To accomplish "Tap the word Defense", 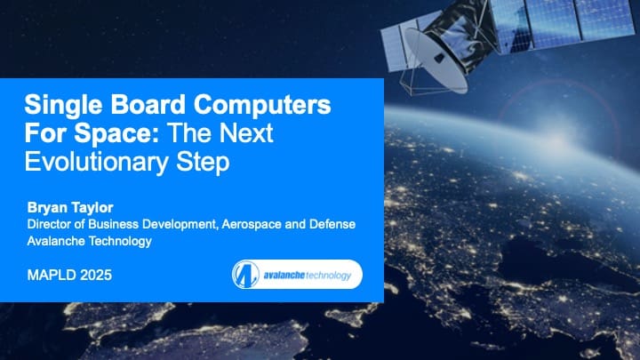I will point(331,224).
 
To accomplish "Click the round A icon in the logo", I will point(245,275).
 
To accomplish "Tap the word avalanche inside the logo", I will point(282,275).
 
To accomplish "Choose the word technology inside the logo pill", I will point(329,275).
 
